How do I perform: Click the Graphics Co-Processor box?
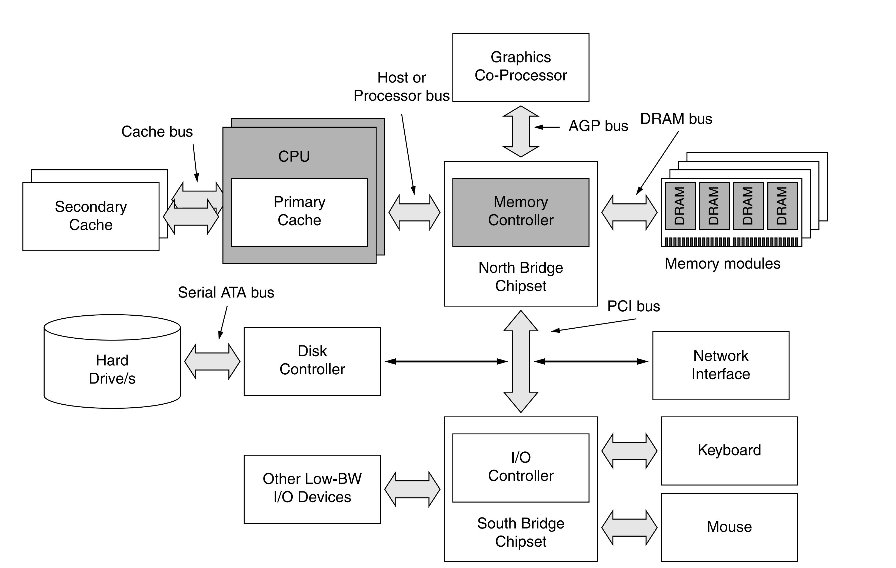[x=521, y=67]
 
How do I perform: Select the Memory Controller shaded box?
[x=521, y=212]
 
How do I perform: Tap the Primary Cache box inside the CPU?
[x=299, y=212]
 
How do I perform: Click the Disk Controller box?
[x=312, y=361]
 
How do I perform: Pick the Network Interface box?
[x=721, y=365]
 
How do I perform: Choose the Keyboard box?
[x=729, y=451]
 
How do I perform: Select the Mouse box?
[x=729, y=527]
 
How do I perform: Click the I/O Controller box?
[x=521, y=467]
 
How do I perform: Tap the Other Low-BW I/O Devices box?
[x=312, y=489]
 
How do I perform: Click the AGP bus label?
[x=598, y=126]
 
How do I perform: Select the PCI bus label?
[x=633, y=306]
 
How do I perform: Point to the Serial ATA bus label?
[x=226, y=292]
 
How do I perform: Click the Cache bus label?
[x=157, y=131]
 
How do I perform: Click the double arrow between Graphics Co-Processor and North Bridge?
[x=521, y=131]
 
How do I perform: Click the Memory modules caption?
[x=722, y=264]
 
